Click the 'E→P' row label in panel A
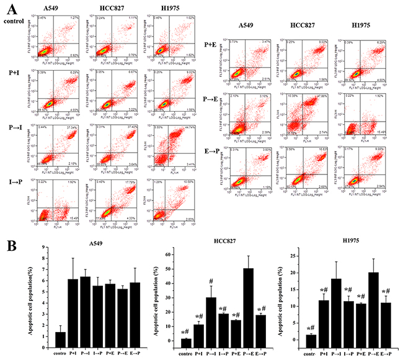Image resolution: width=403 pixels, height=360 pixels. click(211, 147)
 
